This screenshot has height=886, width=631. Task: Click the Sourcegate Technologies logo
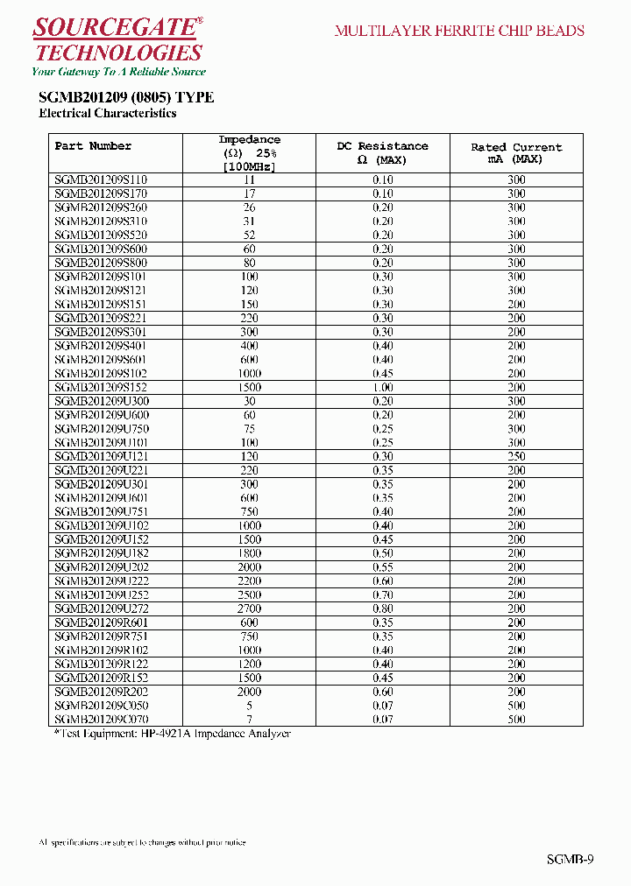coord(117,41)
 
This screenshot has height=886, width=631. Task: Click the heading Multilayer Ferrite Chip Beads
coord(459,31)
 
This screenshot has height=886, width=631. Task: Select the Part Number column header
coord(93,146)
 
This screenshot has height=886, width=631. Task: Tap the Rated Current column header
coord(516,153)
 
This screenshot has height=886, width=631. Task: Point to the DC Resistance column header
coord(382,153)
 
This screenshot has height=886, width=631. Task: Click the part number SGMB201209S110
coord(101,179)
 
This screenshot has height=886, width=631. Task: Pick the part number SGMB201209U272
coord(101,608)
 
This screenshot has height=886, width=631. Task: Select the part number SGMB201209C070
coord(101,720)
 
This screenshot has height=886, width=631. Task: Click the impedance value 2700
coord(249,608)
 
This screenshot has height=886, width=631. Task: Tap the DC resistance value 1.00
coord(382,387)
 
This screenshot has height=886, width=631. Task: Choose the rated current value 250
coord(516,456)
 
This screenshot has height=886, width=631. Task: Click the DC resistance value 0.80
coord(382,608)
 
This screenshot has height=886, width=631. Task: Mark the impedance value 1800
coord(249,553)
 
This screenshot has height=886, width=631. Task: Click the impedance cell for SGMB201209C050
coord(249,706)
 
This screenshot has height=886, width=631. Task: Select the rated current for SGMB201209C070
coord(516,720)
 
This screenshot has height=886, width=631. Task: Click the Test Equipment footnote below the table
coord(172,734)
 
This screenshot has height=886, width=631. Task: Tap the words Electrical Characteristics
coord(108,114)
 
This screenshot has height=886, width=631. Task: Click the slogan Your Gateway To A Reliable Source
coord(118,72)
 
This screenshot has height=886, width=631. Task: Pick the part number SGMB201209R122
coord(101,664)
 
